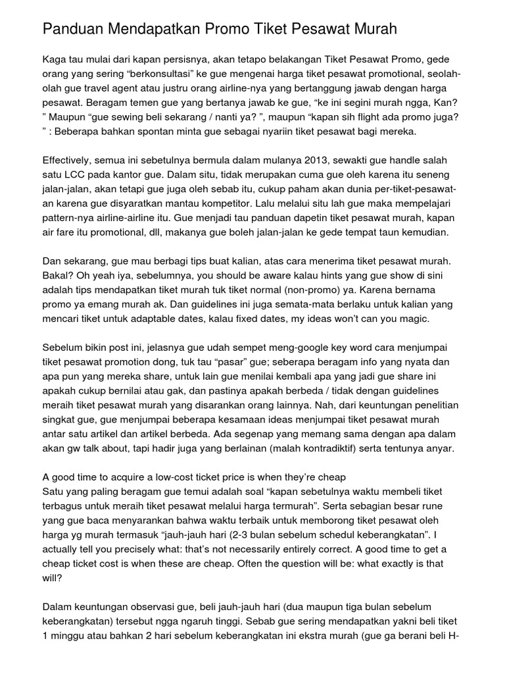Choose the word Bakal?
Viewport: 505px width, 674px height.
tap(58, 274)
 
